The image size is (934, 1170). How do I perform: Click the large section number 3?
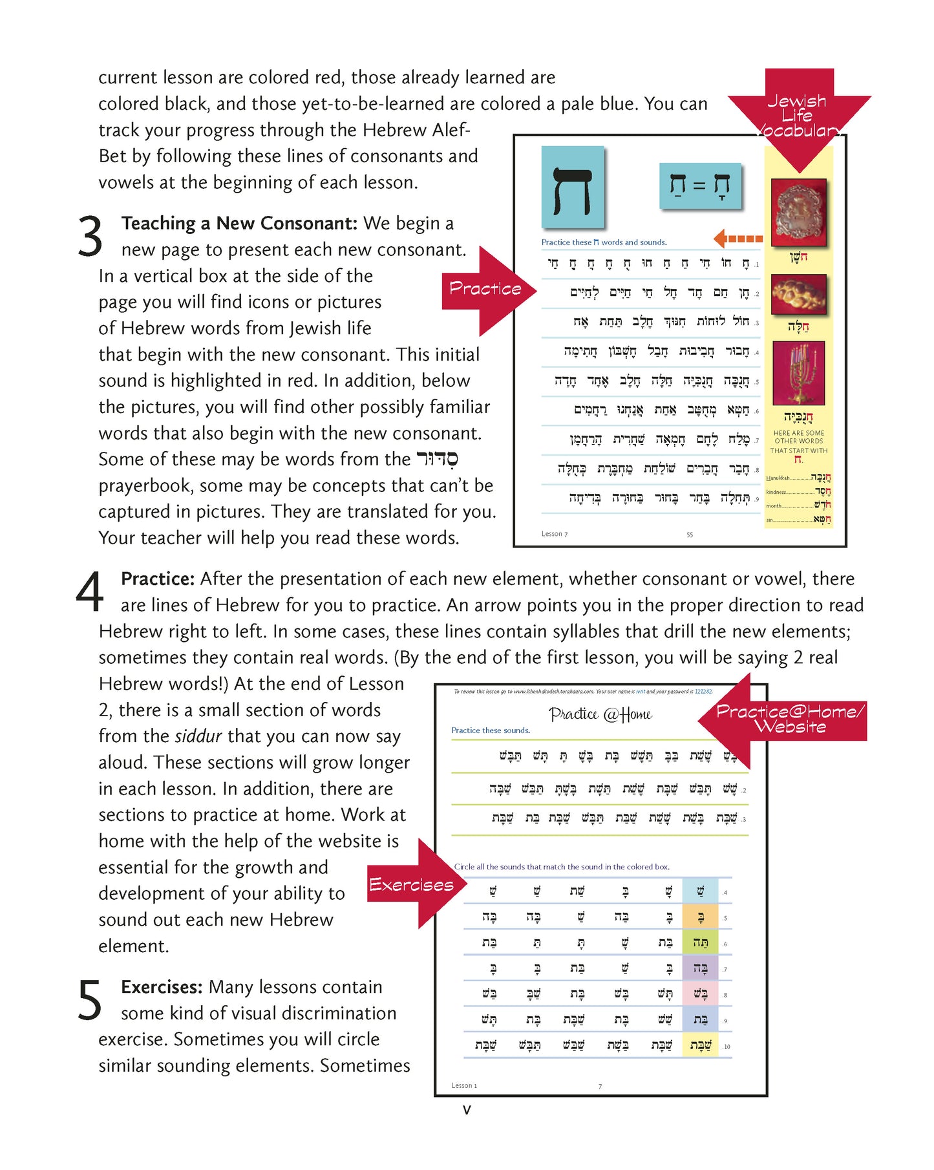point(90,237)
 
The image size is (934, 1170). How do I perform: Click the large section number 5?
point(89,1000)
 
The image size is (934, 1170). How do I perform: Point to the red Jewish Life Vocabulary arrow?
point(799,116)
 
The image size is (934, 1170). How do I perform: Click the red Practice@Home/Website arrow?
point(785,718)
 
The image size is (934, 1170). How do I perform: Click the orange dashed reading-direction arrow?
point(738,239)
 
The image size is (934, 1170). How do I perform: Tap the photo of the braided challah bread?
point(798,295)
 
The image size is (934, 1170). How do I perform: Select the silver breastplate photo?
point(798,212)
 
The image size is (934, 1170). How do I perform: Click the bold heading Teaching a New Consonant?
point(239,224)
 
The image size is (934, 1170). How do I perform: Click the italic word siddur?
point(198,736)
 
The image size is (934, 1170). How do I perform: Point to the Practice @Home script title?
point(600,714)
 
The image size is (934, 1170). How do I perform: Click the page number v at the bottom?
point(467,1110)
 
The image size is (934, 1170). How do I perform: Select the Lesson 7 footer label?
point(554,534)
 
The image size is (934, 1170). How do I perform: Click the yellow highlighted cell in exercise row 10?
point(700,1045)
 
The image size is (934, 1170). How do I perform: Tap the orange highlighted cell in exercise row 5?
point(700,917)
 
